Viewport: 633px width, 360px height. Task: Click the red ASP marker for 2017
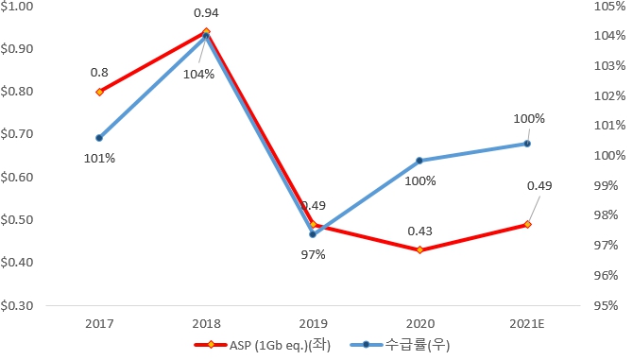pyautogui.click(x=99, y=92)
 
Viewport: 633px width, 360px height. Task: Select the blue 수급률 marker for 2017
pyautogui.click(x=99, y=138)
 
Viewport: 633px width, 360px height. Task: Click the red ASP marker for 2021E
pyautogui.click(x=527, y=224)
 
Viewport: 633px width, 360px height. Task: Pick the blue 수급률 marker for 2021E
pyautogui.click(x=527, y=144)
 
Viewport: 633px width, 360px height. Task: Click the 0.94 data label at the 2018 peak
pyautogui.click(x=206, y=13)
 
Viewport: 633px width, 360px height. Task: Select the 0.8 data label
pyautogui.click(x=99, y=72)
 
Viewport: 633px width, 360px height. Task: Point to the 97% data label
pyautogui.click(x=313, y=254)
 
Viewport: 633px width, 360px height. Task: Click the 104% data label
pyautogui.click(x=198, y=75)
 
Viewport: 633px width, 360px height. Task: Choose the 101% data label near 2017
pyautogui.click(x=99, y=158)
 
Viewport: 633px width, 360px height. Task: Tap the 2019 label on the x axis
pyautogui.click(x=313, y=323)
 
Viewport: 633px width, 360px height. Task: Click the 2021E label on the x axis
pyautogui.click(x=527, y=323)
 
